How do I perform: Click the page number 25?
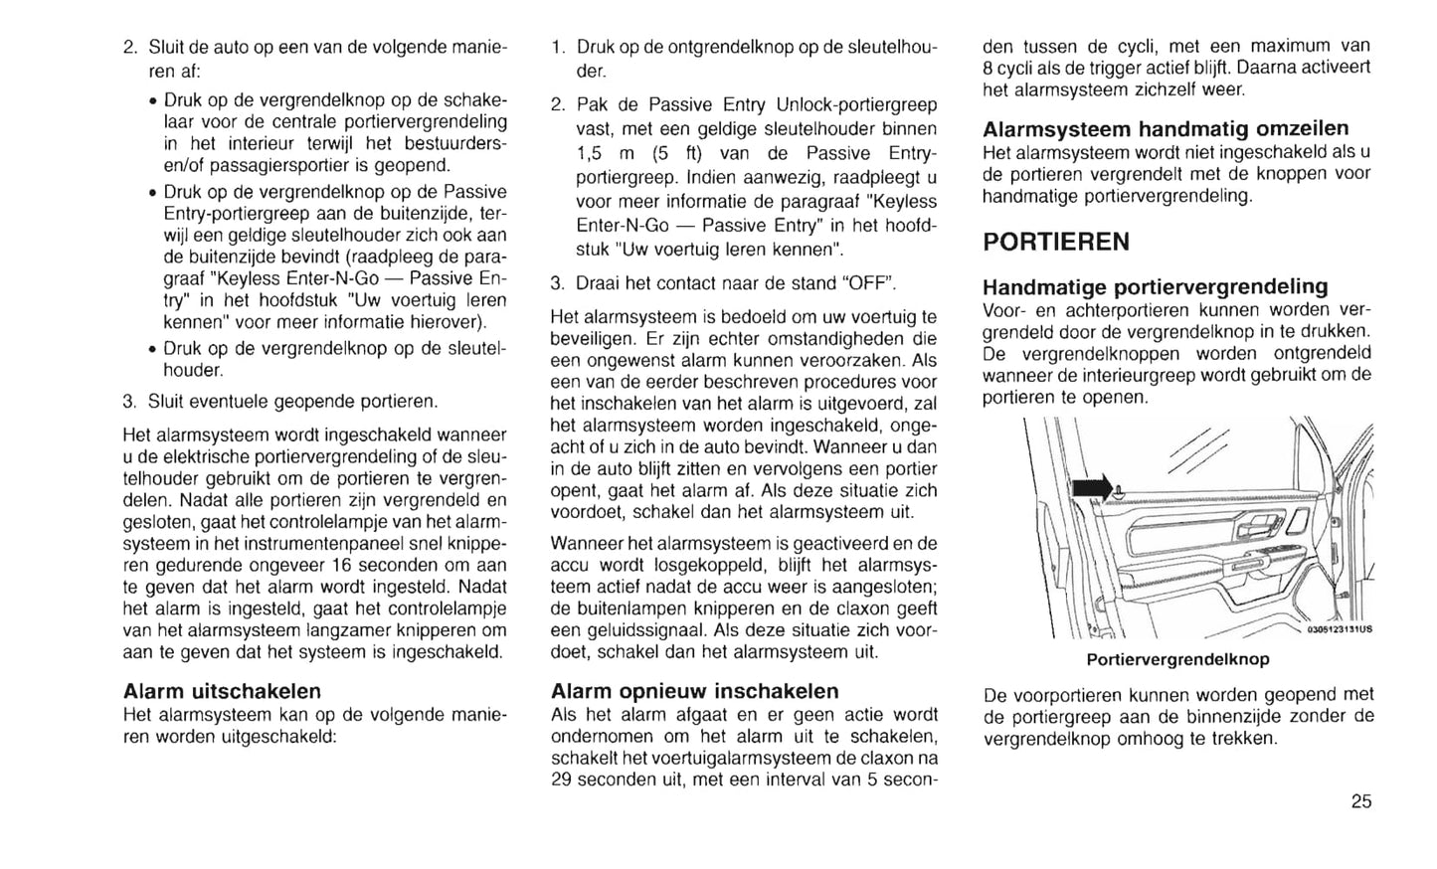tap(1361, 801)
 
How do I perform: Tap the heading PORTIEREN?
tap(1056, 242)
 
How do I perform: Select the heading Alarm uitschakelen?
tap(222, 691)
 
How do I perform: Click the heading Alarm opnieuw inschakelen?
tap(694, 691)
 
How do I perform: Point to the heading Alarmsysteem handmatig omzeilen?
tap(1166, 129)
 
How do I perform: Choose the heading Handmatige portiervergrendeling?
tap(1155, 287)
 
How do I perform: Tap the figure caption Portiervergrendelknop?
tap(1177, 659)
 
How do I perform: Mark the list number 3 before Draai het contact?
tap(557, 283)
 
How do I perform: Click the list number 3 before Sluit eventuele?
tap(129, 403)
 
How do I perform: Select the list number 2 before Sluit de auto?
tap(129, 48)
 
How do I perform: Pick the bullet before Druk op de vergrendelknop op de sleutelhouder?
tap(150, 349)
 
